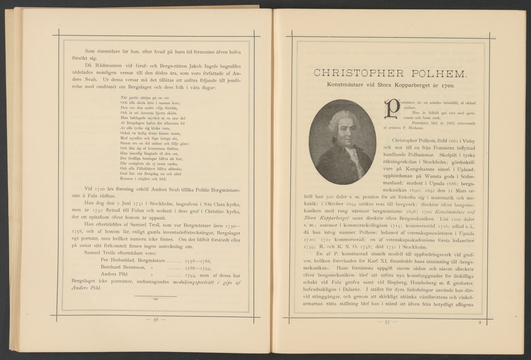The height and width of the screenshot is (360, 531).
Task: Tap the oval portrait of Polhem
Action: click(x=339, y=142)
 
